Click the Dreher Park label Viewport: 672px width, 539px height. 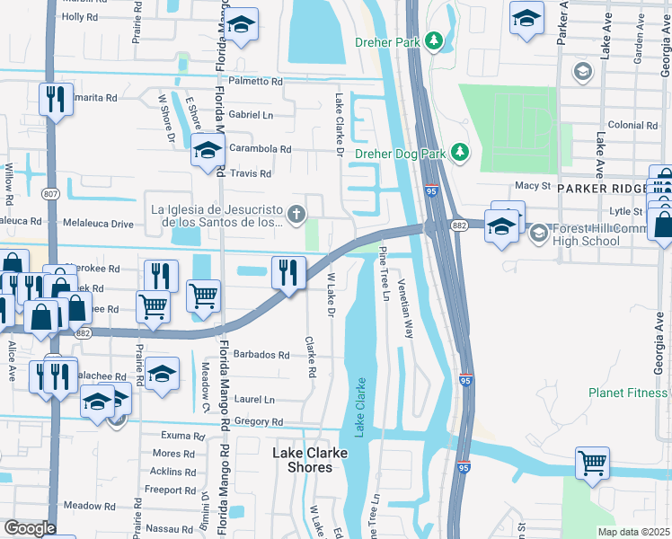[x=388, y=40]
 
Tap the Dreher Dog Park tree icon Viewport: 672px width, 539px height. [x=460, y=153]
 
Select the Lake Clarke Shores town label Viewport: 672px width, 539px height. [x=310, y=460]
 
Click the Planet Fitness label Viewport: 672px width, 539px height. [x=629, y=393]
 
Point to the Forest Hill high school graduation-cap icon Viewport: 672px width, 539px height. [x=538, y=234]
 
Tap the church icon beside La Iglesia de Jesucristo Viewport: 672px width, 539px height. [x=296, y=213]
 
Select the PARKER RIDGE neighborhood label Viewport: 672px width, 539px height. [x=600, y=189]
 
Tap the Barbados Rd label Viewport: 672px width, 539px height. [x=261, y=355]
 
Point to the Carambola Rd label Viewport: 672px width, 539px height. [x=261, y=149]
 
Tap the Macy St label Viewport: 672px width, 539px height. [x=532, y=185]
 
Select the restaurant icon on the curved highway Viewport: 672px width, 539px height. [x=287, y=271]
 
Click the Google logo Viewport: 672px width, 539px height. [x=30, y=527]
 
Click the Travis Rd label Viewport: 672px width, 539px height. [x=251, y=173]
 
